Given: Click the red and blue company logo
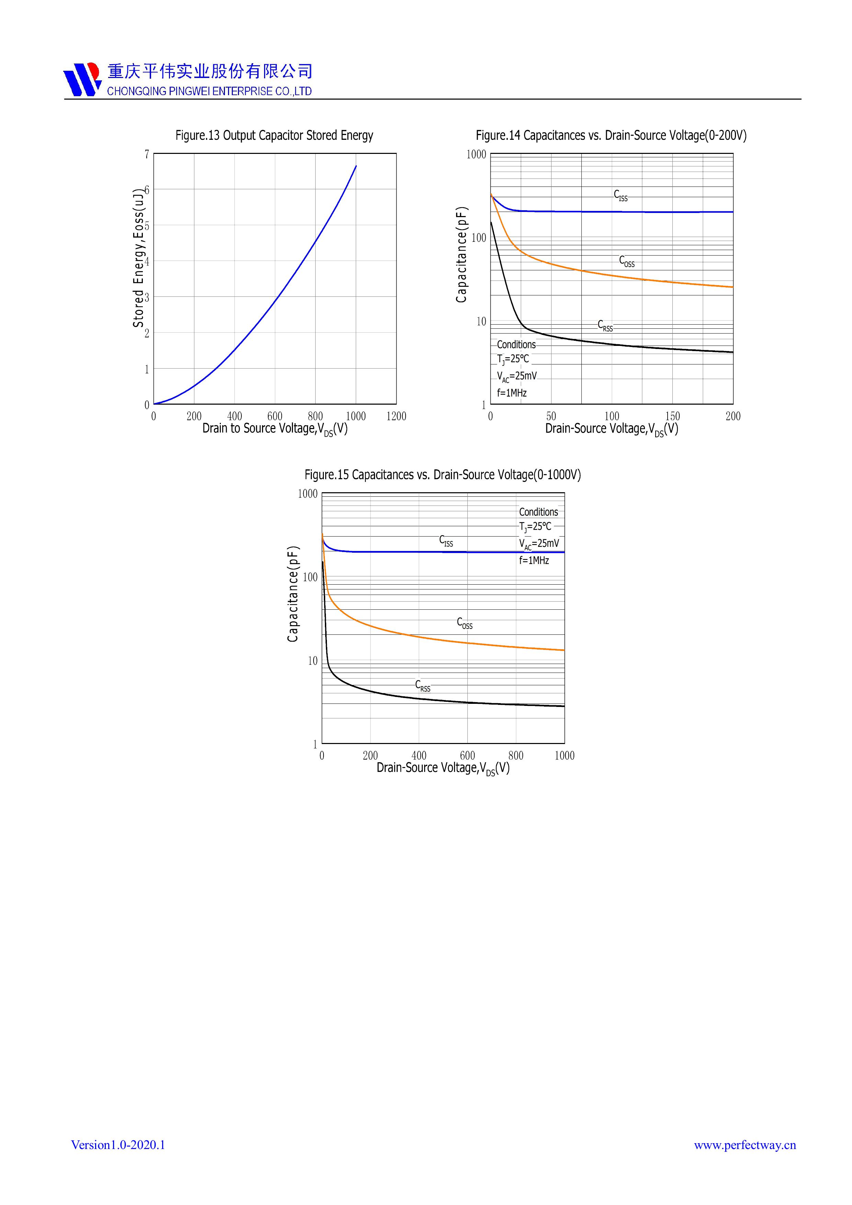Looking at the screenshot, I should point(82,79).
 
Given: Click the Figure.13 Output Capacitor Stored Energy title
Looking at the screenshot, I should point(274,135).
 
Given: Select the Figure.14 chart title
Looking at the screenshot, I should point(611,135).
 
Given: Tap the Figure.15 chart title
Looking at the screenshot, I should point(442,475).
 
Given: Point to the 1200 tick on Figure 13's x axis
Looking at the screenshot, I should point(396,416).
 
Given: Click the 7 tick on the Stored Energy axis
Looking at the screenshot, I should point(147,154).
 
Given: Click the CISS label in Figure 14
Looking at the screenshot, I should point(621,195).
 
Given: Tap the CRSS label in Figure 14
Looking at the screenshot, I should point(605,325).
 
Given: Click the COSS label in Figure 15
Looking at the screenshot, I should point(464,623).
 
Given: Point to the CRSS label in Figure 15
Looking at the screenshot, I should point(422,685).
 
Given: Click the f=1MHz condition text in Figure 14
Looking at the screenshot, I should point(512,393).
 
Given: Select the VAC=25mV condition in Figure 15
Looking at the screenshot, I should point(539,544).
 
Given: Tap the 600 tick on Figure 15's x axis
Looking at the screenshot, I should point(467,756).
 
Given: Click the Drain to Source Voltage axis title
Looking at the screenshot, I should point(275,429).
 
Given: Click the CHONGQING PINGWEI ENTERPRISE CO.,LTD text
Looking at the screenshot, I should point(209,91).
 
